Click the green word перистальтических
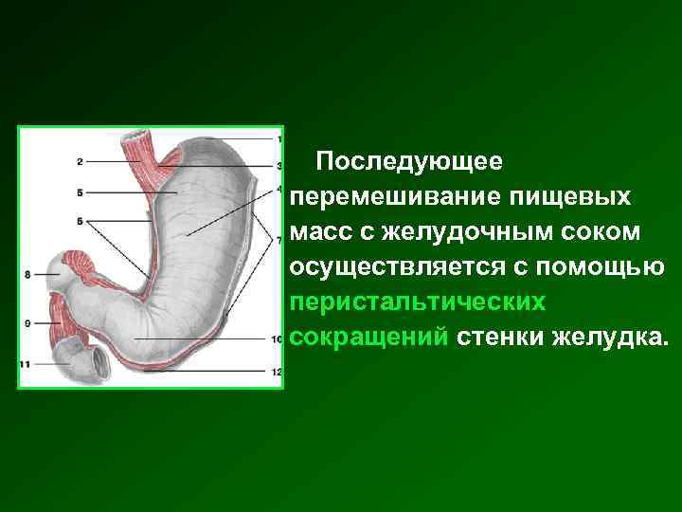(x=418, y=302)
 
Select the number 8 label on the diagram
(x=28, y=275)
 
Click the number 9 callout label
(x=28, y=323)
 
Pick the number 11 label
(x=26, y=363)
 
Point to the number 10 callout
(x=277, y=338)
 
